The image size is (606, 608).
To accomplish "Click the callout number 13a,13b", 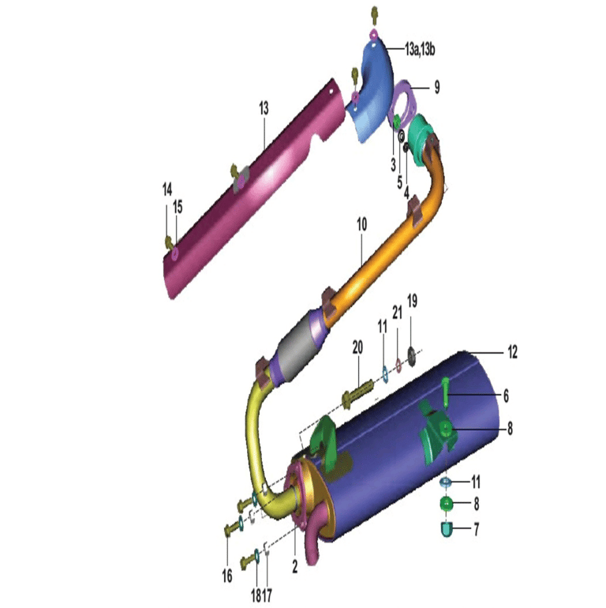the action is [420, 50].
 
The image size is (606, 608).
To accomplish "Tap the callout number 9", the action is [436, 87].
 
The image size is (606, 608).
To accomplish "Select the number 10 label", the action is [361, 224].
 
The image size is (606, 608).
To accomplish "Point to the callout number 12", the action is [512, 352].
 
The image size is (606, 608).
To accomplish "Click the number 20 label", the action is [357, 347].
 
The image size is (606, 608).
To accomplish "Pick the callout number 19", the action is [412, 301].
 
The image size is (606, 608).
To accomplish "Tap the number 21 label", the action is [397, 312].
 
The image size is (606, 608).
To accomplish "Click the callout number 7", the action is [476, 529].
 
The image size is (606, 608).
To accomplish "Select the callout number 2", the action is [295, 566].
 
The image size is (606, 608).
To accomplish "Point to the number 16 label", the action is [227, 576].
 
